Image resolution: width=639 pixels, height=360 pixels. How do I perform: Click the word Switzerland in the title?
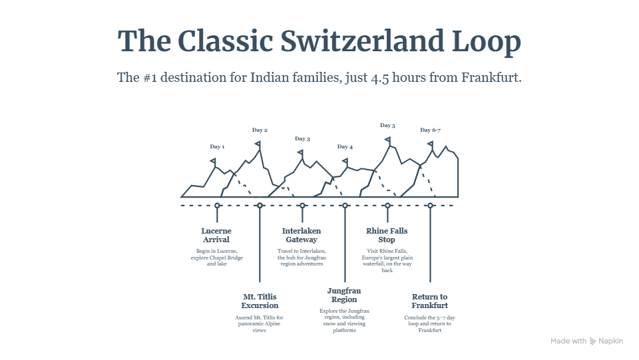point(363,41)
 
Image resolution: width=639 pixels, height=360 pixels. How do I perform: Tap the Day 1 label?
point(217,146)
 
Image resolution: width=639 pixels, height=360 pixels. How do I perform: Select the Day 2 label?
point(260,130)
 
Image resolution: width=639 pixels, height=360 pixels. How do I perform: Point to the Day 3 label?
point(302,139)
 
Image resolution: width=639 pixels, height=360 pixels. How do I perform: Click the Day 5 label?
point(387,125)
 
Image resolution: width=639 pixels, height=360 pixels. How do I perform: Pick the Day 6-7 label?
point(431,130)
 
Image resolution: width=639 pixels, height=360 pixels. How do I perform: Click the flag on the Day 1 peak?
point(213,162)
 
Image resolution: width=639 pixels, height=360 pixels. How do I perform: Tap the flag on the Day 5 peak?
point(387,140)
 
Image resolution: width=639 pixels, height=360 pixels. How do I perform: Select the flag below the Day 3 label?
point(300,153)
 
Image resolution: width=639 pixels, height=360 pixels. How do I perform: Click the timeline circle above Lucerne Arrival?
point(217,206)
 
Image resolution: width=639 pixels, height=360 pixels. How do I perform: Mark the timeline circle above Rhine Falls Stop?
point(387,206)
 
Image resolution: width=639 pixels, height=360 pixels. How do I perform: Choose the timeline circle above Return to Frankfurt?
point(431,206)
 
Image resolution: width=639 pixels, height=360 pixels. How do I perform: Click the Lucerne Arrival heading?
point(216,236)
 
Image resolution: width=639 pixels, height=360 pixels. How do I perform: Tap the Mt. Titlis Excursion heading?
point(260,301)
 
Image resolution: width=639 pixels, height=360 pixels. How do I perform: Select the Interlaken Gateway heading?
point(302,236)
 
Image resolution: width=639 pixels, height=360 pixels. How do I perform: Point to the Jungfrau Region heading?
point(344,295)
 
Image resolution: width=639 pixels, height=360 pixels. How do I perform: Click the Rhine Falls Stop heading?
point(387,236)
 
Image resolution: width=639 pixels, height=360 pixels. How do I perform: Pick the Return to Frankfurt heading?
point(429,301)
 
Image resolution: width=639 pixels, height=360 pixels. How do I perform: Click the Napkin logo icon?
point(592,341)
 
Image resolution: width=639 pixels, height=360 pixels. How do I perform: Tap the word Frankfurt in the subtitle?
point(491,77)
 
